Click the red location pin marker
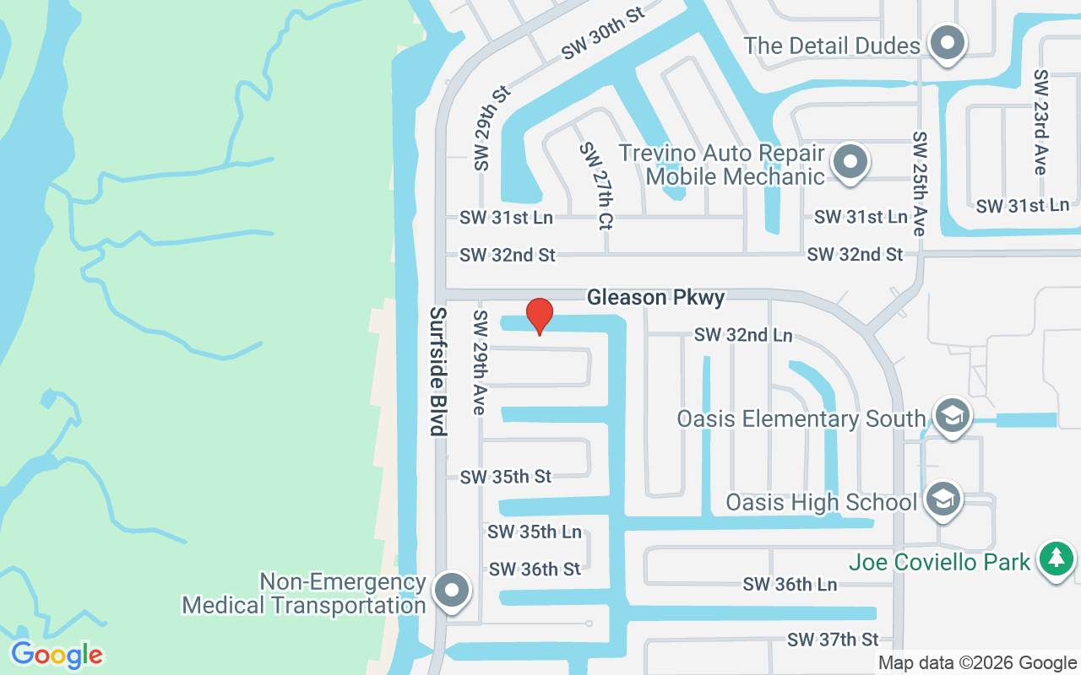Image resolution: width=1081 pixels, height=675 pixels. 540,316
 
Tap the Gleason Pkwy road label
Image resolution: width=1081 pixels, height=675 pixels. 655,297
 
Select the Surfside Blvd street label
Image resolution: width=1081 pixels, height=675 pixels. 437,371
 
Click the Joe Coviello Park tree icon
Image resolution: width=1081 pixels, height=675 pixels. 1055,559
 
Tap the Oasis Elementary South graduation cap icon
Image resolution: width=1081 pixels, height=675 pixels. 952,416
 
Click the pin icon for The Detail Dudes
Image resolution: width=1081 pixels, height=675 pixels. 948,43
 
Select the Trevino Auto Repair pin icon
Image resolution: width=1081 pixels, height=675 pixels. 850,161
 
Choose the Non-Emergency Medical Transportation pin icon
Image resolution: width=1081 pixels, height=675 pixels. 452,591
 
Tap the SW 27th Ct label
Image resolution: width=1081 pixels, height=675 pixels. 596,186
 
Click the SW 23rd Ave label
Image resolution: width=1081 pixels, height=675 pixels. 1040,122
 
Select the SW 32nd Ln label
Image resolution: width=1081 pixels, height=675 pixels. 743,335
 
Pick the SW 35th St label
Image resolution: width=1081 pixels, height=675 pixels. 505,477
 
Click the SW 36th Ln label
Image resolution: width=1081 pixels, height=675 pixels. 790,584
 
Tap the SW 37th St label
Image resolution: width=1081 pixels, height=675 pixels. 833,640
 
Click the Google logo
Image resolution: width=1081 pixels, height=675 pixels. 57,655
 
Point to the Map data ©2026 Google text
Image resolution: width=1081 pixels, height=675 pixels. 977,663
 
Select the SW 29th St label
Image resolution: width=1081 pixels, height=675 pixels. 492,127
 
